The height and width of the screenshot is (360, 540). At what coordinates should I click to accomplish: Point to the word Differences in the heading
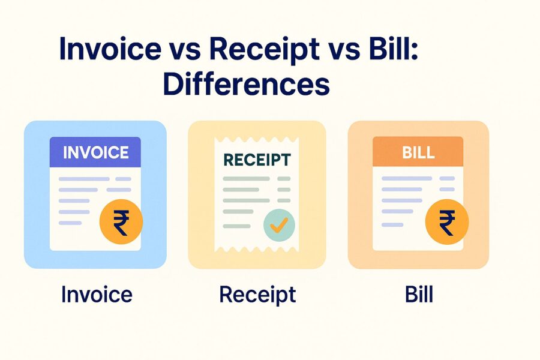coord(246,84)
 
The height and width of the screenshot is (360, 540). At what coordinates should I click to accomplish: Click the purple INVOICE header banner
coord(95,152)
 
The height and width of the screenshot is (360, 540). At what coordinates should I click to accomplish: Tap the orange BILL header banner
coord(418,152)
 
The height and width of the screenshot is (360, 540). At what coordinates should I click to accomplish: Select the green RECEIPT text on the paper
coord(257,160)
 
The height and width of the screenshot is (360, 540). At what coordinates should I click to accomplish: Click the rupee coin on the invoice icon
coord(121,223)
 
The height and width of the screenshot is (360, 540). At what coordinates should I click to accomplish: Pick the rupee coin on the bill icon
coord(446,223)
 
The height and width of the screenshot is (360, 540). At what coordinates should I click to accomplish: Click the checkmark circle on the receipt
coord(279,225)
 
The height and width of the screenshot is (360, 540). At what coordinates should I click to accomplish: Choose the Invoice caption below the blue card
coord(97,295)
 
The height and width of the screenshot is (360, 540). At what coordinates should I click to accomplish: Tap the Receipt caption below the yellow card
coord(257,295)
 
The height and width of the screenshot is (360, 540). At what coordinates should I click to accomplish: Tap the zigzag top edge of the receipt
coord(257,140)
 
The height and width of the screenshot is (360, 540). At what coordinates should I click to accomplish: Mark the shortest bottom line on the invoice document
coord(70,223)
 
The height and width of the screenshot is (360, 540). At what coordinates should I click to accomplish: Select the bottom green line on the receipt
coord(236,226)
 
